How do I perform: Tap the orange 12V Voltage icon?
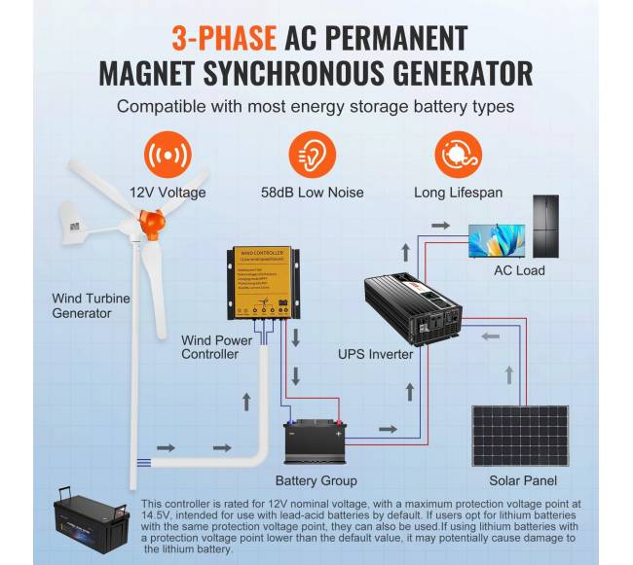pyautogui.click(x=168, y=156)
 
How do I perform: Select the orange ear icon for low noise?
pyautogui.click(x=314, y=156)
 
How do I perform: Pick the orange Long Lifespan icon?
pyautogui.click(x=458, y=156)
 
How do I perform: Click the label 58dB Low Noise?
pyautogui.click(x=314, y=193)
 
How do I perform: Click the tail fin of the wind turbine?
pyautogui.click(x=77, y=220)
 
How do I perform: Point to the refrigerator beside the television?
pyautogui.click(x=545, y=227)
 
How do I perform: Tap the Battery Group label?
pyautogui.click(x=316, y=480)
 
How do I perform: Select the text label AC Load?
pyautogui.click(x=519, y=270)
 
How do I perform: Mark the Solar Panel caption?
pyautogui.click(x=522, y=480)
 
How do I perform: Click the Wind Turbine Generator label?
pyautogui.click(x=91, y=305)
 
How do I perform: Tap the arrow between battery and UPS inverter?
pyautogui.click(x=388, y=428)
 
